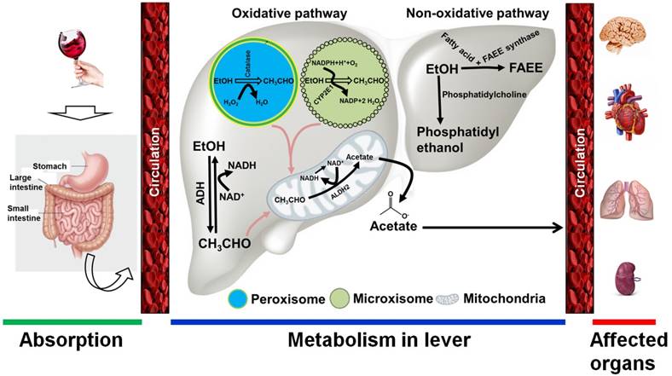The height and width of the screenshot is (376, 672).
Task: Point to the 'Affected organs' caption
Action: pos(623,350)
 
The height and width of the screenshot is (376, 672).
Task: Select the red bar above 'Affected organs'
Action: pos(623,321)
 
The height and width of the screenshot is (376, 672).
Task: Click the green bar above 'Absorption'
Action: pos(71,321)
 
